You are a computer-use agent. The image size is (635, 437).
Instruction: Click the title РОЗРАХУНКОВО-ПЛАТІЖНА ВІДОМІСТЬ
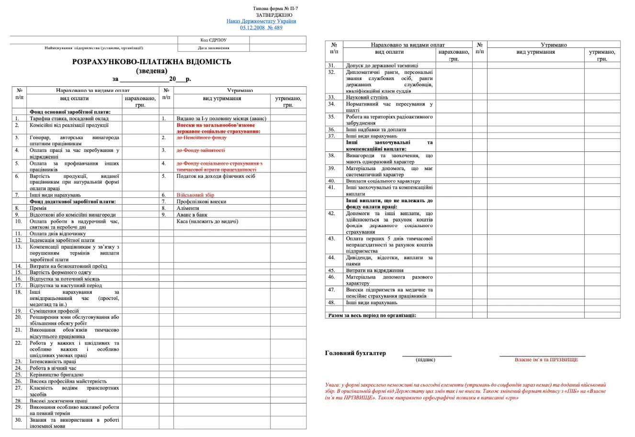click(151, 62)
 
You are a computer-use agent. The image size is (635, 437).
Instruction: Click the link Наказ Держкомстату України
click(261, 21)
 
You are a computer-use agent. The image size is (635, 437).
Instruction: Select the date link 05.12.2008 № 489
click(261, 28)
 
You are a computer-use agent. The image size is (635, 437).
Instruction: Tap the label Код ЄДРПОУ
click(213, 40)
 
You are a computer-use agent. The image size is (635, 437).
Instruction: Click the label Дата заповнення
click(213, 48)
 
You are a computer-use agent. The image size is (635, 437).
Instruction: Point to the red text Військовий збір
click(195, 195)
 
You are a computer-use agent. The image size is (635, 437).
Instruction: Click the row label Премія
click(38, 208)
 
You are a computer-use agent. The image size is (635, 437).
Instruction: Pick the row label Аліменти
click(188, 208)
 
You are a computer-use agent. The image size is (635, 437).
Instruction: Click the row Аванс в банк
click(192, 215)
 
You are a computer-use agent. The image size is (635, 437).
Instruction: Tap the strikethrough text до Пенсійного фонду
click(201, 138)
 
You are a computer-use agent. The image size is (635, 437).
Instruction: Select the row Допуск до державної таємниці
click(382, 65)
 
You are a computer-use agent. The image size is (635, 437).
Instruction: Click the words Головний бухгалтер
click(355, 353)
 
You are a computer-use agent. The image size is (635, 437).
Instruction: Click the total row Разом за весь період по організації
click(372, 315)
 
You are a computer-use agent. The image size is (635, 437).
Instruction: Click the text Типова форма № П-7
click(278, 9)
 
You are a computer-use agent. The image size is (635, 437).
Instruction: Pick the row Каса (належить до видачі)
click(207, 221)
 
